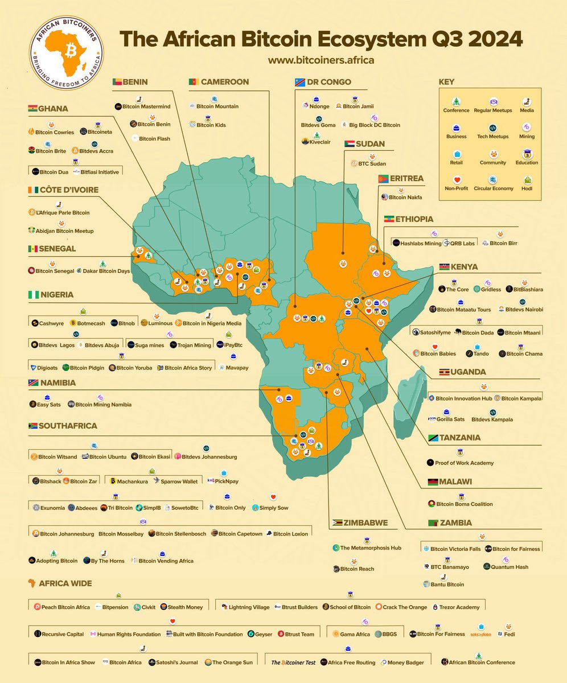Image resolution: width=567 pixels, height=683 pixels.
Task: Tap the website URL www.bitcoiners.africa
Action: [x=321, y=59]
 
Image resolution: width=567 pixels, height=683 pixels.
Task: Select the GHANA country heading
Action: [x=53, y=109]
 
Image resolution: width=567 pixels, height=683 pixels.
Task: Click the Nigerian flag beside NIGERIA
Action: [x=32, y=295]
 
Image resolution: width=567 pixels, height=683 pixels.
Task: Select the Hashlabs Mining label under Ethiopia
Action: [x=420, y=243]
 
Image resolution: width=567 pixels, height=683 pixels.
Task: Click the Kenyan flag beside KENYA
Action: [x=445, y=267]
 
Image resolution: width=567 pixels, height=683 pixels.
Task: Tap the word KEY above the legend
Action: [x=447, y=82]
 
